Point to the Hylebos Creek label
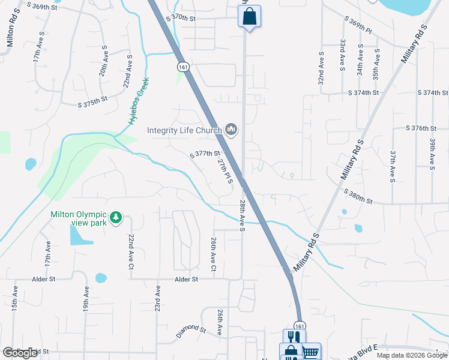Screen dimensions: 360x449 click(138, 102)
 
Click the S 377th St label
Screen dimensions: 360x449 click(205, 154)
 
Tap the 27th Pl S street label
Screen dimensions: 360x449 click(224, 171)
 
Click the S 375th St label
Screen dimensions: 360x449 click(92, 101)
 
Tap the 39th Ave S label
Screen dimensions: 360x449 click(432, 153)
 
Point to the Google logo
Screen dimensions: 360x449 click(20, 353)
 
